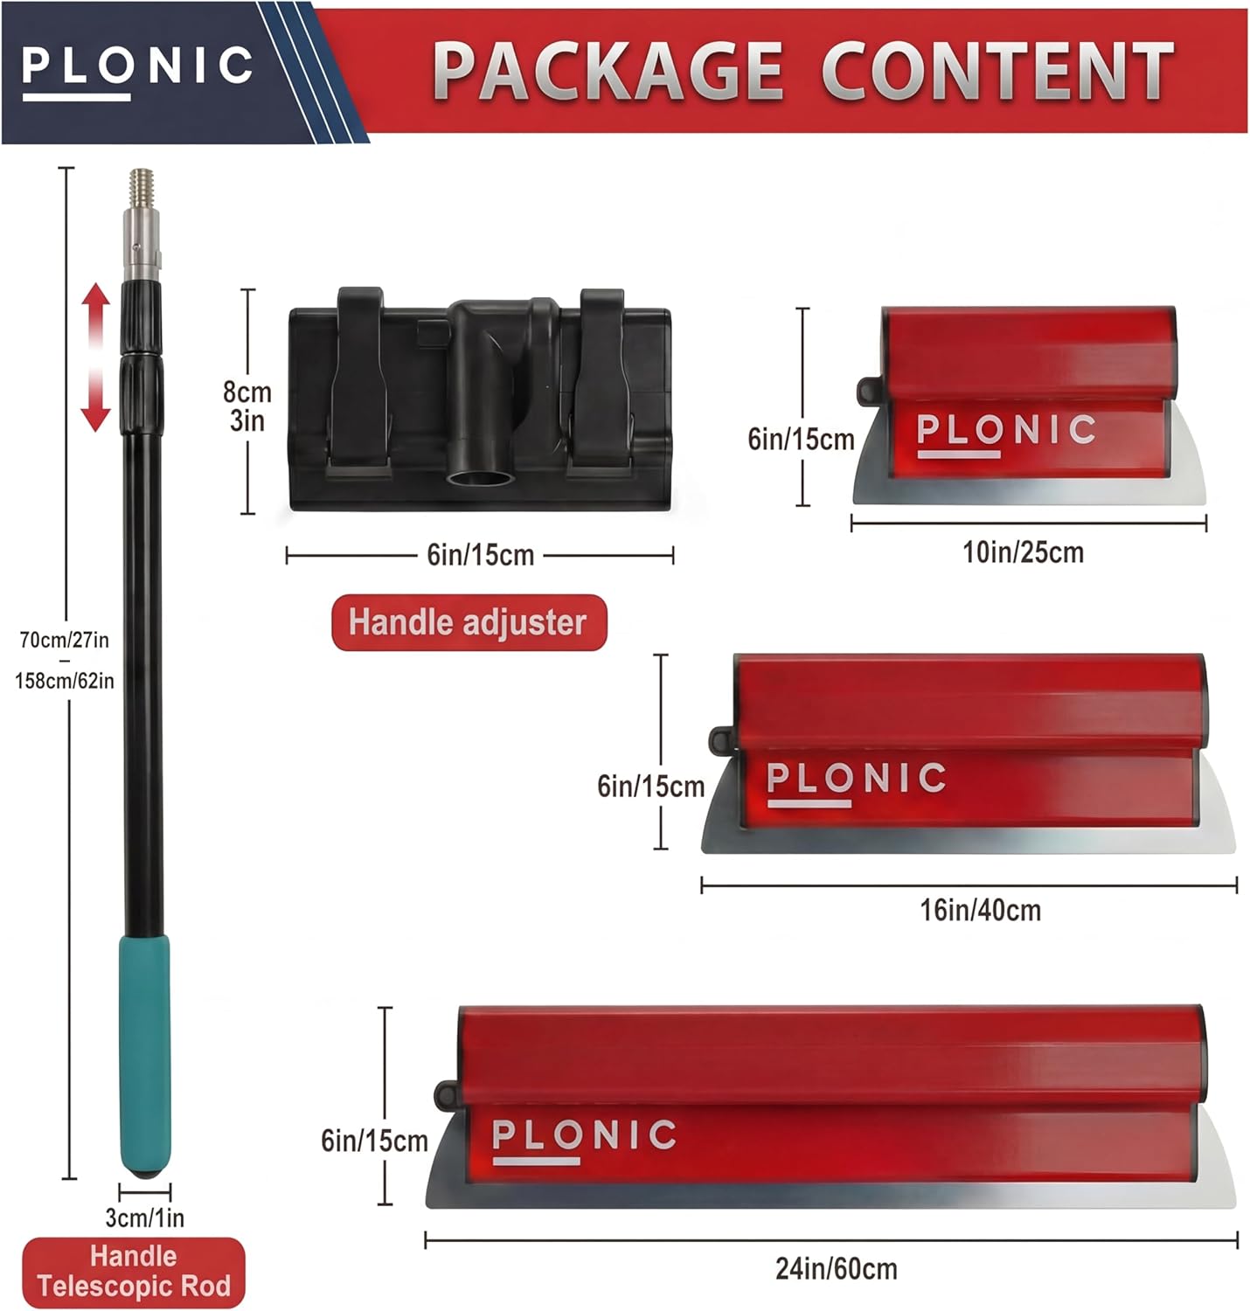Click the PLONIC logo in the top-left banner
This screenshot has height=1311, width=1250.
(137, 68)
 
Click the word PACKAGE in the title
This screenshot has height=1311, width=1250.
(608, 71)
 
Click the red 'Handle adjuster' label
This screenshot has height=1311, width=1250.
(469, 622)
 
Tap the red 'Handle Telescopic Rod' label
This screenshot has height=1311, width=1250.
(134, 1272)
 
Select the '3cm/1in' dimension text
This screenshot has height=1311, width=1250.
(145, 1217)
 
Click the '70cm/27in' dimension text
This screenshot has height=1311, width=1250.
(65, 640)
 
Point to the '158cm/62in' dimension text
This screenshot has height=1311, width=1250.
(65, 680)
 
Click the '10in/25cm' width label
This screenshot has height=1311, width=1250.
(1024, 552)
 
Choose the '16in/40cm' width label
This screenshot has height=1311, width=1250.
(980, 910)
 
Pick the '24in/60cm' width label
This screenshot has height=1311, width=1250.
(837, 1268)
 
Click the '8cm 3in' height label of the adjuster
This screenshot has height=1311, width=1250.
(247, 406)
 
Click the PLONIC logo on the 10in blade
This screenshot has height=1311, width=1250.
(1005, 431)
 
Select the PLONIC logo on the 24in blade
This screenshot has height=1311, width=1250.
(584, 1136)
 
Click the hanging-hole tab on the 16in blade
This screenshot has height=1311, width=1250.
(720, 739)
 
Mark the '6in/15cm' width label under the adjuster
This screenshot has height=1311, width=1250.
(480, 555)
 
